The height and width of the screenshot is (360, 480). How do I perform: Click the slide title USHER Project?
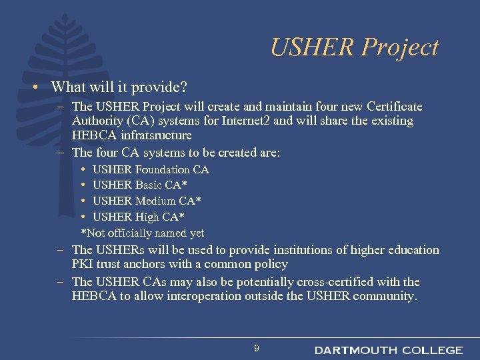coord(354,47)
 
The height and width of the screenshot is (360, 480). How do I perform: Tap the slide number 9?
coord(256,349)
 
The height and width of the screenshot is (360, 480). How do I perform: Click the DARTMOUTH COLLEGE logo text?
coord(388,350)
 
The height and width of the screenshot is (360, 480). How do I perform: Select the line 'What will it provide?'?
coord(119,87)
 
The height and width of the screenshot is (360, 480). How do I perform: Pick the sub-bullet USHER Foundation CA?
coord(151,169)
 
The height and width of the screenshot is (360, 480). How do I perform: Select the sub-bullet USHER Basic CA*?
coord(139,185)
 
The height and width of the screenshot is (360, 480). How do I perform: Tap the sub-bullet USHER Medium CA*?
coord(147,201)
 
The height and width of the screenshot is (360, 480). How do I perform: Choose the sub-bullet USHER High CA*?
coord(139,217)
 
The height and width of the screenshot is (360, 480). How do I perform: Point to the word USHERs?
coord(125,250)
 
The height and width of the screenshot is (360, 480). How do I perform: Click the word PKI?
coord(83,265)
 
